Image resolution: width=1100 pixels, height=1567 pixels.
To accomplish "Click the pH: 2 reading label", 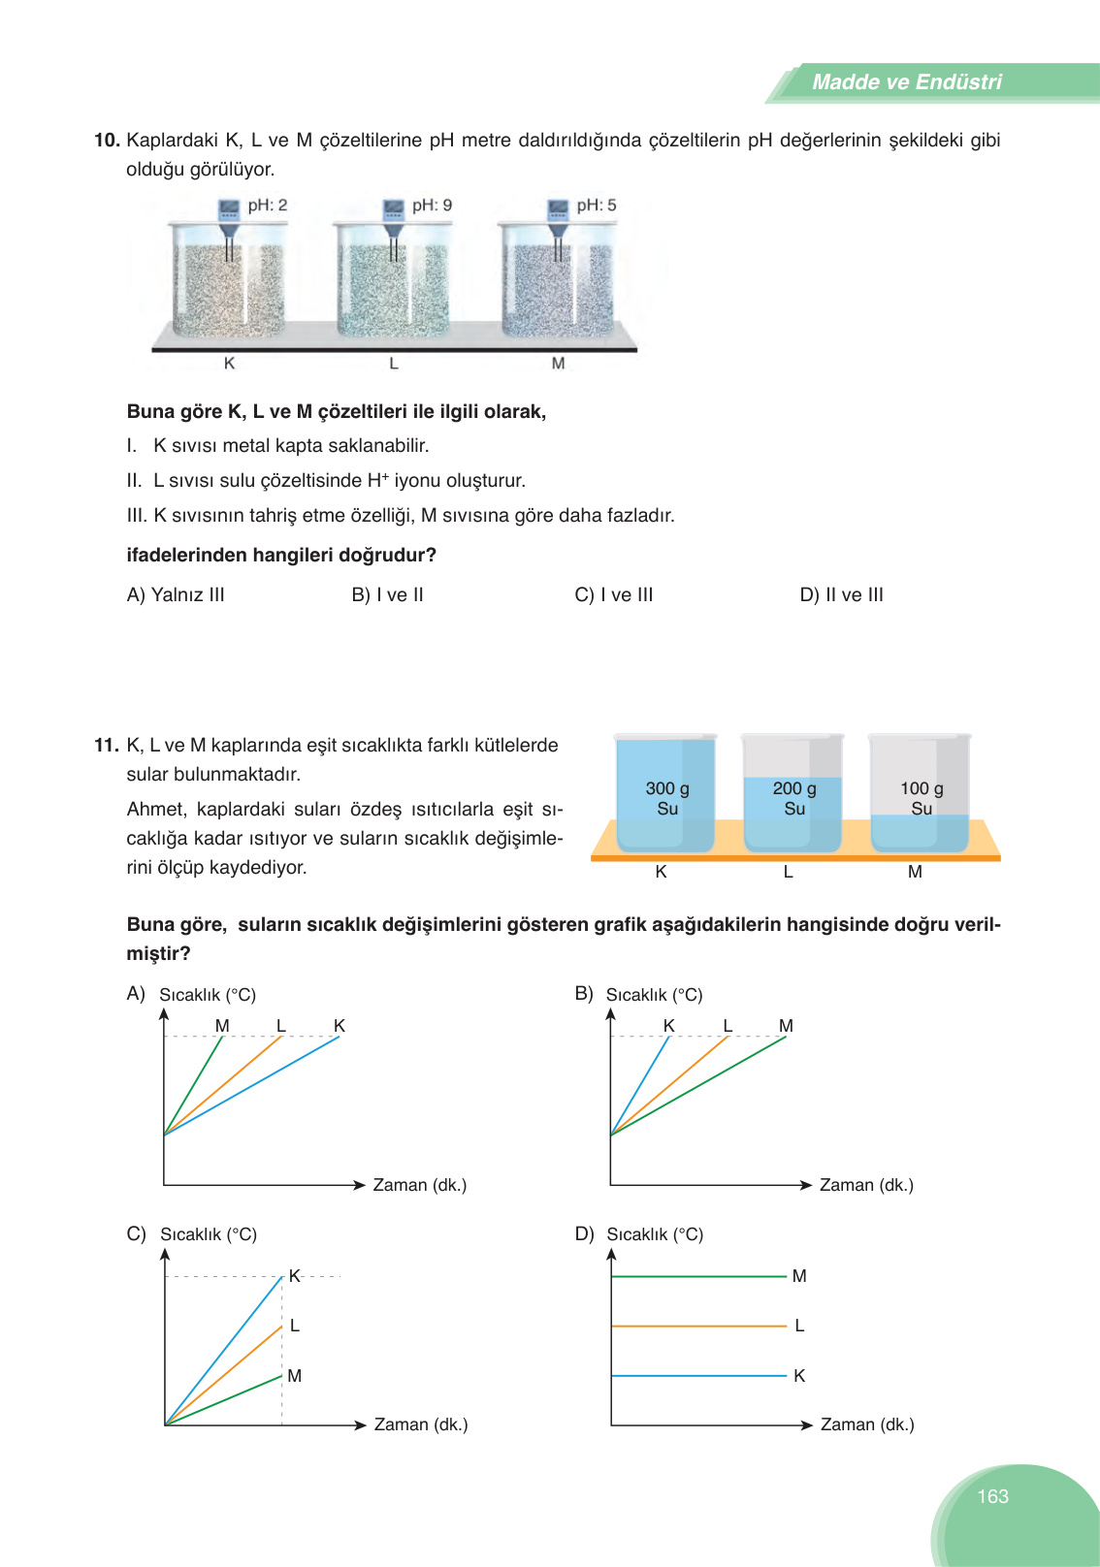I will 267,206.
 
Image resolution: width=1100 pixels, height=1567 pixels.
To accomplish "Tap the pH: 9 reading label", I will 432,206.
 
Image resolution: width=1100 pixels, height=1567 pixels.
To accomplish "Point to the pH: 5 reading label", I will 596,206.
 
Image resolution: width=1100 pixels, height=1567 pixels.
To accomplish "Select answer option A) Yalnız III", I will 176,594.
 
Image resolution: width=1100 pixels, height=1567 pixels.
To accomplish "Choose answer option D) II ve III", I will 841,594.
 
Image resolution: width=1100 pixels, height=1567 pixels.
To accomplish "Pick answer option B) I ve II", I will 387,594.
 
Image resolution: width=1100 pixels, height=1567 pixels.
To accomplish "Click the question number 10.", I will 106,141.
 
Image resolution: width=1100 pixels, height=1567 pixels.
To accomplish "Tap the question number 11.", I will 106,746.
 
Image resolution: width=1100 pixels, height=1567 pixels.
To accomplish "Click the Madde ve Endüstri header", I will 906,82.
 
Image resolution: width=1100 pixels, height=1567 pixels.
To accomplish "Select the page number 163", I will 992,1496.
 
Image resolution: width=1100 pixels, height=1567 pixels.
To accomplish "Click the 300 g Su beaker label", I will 667,798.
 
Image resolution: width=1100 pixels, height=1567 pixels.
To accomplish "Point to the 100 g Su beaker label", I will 922,798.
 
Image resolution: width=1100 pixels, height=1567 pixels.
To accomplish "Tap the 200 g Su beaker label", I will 794,798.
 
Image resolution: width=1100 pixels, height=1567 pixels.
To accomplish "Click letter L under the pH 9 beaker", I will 394,364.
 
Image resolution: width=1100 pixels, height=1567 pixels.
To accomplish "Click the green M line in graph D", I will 698,1276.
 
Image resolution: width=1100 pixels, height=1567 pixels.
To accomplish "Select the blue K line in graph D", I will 698,1375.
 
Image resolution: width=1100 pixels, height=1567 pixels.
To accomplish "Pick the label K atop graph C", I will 294,1276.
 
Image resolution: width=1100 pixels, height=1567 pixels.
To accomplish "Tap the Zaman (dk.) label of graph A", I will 419,1185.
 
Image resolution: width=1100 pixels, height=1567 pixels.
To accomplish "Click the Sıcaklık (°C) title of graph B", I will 654,995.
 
